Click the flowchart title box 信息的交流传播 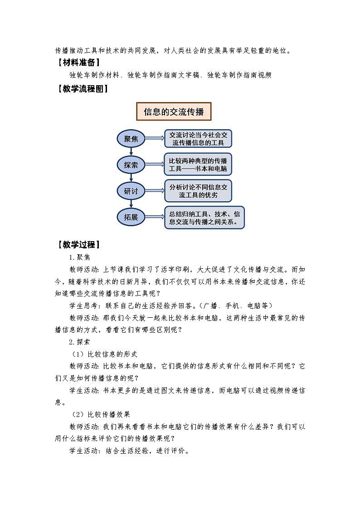coord(174,111)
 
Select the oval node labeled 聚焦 coord(131,139)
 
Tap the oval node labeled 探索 coord(131,165)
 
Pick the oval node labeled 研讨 coord(131,191)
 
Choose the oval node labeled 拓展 coord(131,218)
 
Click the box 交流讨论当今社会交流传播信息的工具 coord(198,139)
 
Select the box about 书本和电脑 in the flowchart coord(198,165)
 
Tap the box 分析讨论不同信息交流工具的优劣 coord(198,191)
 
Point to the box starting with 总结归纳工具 coord(204,218)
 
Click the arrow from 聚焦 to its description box coord(154,139)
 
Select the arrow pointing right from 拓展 coord(154,218)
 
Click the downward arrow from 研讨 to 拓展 coord(131,204)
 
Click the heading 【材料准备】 coord(78,63)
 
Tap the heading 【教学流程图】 coord(82,89)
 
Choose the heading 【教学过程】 coord(78,245)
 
